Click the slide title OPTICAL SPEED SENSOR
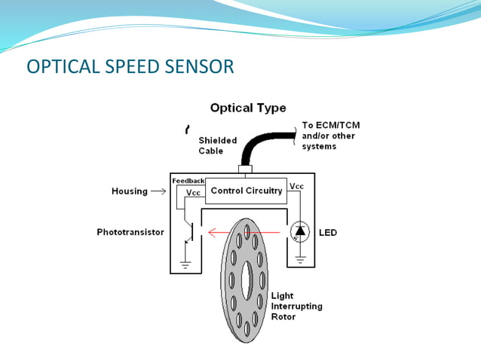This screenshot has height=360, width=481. coord(130,67)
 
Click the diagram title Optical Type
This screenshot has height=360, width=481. coord(247,108)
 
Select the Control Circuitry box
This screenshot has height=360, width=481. coord(247,191)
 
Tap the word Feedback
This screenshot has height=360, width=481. coord(188,181)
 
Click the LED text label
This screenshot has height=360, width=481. coord(328,233)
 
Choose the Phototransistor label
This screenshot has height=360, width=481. coord(130,233)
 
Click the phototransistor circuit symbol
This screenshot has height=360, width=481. coord(190,232)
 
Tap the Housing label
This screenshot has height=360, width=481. coord(130,191)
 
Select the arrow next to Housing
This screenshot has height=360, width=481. coord(158,191)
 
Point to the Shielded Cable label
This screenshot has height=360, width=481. coord(217,145)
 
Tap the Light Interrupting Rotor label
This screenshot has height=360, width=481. coord(296,307)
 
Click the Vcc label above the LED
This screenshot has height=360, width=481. coord(297,186)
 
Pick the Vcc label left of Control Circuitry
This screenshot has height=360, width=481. coord(194,192)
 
